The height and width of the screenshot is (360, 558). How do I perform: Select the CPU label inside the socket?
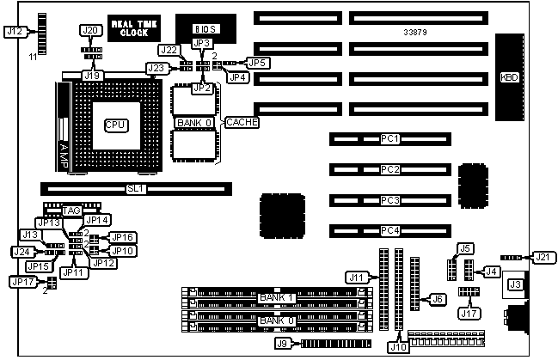(115, 125)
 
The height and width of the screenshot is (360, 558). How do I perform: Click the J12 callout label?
(14, 31)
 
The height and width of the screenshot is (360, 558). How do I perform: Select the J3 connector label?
(516, 284)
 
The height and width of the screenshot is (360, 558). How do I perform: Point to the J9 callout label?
(281, 344)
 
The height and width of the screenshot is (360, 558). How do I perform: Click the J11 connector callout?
(357, 277)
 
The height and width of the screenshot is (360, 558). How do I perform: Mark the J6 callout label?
(438, 299)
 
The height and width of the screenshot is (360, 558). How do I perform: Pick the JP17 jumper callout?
(21, 281)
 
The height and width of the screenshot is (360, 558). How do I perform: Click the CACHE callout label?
(242, 123)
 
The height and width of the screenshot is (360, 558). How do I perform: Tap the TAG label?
(71, 211)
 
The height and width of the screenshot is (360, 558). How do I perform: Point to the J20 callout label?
(89, 31)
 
